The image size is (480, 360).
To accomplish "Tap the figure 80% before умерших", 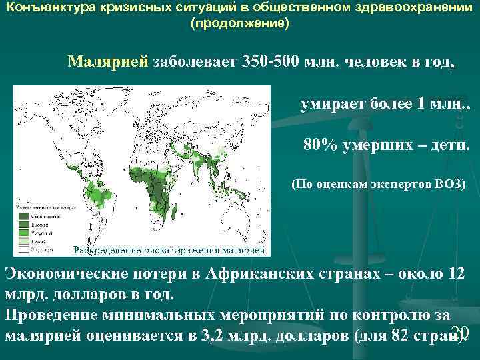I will point(320,145).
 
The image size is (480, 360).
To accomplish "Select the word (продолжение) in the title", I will point(240,23).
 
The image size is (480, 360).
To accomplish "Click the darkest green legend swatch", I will point(22,216).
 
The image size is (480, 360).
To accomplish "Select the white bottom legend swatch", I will point(22,248).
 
